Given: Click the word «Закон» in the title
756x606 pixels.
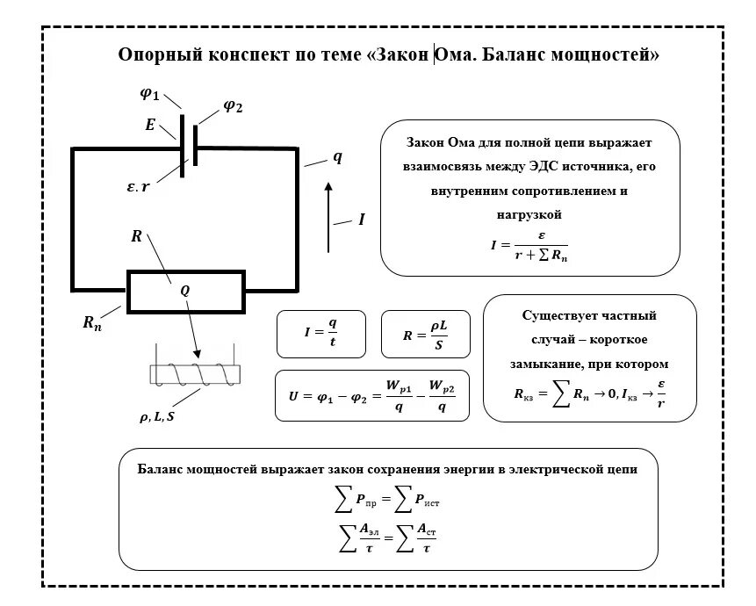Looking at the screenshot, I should (404, 55).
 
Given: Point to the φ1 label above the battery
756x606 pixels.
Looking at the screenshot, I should (150, 94).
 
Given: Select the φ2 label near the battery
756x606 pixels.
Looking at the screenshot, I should (232, 106).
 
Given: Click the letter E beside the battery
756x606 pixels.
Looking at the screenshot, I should (150, 126).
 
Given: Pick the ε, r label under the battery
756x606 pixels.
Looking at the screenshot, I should (139, 186).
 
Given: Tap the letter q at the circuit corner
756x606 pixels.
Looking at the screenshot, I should (337, 158).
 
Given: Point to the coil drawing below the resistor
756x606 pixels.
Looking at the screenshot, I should (194, 374).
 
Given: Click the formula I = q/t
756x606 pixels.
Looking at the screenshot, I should (320, 334).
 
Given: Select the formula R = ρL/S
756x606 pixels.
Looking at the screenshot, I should (426, 334).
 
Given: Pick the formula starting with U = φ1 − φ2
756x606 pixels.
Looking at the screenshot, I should (372, 396).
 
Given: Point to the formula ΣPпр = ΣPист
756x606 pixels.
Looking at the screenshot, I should (388, 501).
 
